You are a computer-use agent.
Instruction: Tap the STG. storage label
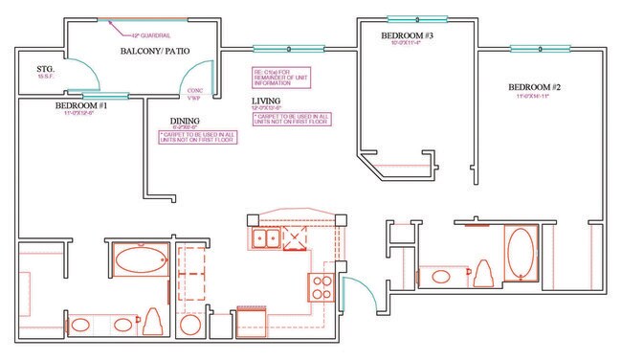43,70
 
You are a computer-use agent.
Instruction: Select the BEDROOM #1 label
79,105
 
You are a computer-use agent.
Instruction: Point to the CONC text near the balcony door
191,91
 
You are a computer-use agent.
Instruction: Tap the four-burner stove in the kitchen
319,285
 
